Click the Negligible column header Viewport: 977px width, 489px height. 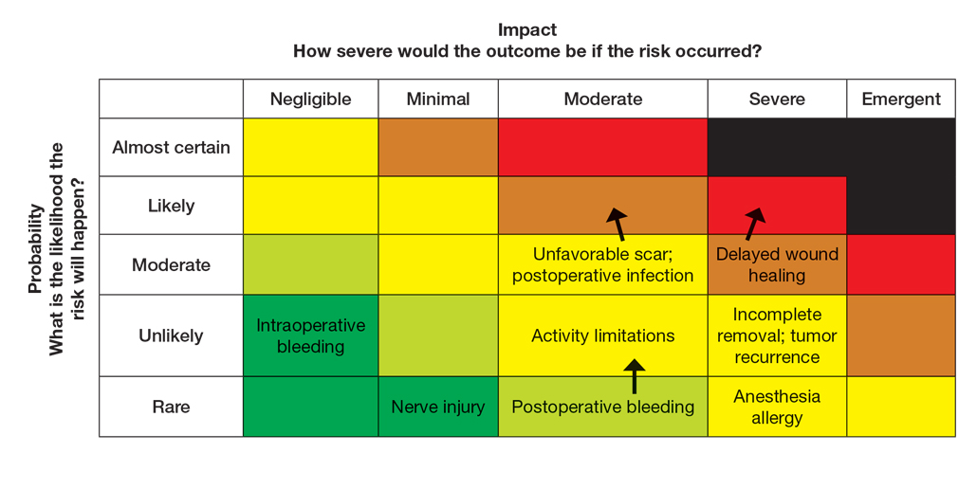310,100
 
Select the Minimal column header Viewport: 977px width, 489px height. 438,100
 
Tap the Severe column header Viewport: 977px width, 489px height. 777,100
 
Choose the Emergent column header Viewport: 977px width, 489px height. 901,100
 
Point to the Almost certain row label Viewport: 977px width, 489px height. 171,148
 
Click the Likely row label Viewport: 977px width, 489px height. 171,206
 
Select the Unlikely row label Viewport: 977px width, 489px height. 171,335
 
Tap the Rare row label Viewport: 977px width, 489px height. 171,407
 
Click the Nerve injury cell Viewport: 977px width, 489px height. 438,407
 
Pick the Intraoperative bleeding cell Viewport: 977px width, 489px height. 310,335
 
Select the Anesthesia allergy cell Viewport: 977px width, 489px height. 777,407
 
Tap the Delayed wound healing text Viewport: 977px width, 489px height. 777,264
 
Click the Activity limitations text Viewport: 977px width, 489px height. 603,335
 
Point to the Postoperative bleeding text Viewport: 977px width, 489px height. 603,407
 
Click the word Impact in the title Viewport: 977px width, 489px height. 527,30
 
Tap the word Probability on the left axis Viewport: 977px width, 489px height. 34,248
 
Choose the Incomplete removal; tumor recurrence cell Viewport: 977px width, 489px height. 777,335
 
